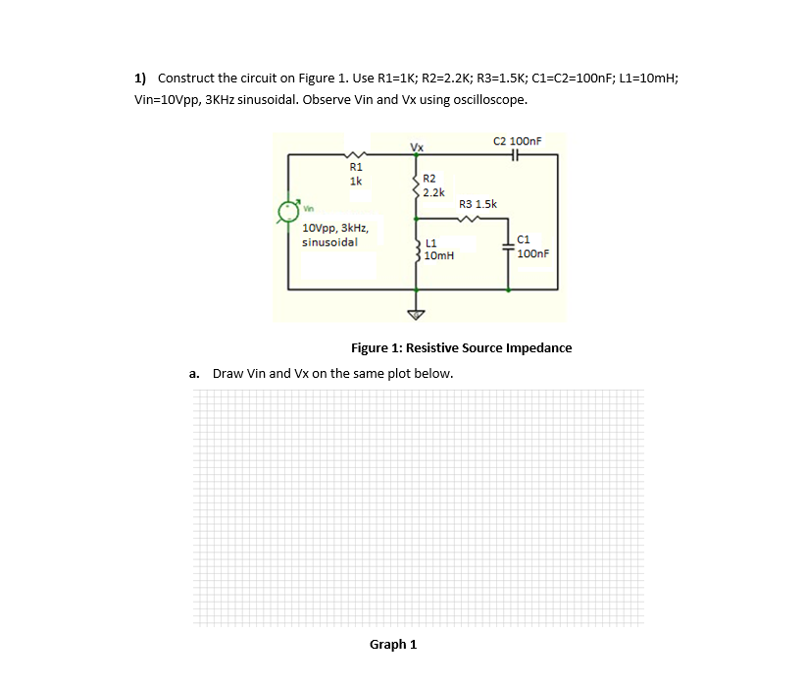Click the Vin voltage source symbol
click(x=288, y=209)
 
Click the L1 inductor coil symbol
click(x=417, y=249)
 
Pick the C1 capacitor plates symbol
click(x=508, y=246)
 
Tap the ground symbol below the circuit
click(x=417, y=314)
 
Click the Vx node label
click(x=417, y=147)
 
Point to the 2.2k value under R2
click(x=434, y=192)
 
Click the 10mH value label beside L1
click(x=439, y=255)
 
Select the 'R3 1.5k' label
click(x=479, y=204)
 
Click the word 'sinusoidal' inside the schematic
click(x=329, y=241)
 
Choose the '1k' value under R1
click(x=355, y=181)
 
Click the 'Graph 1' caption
click(x=392, y=645)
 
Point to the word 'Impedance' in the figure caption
click(x=537, y=348)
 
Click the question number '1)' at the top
click(x=141, y=78)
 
